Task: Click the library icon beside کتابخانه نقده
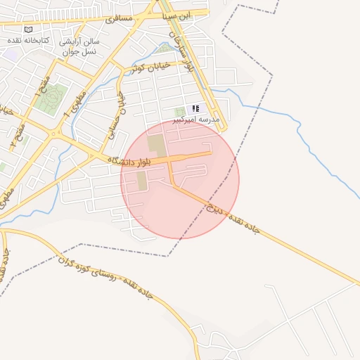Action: click(28, 30)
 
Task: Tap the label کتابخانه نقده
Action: click(28, 41)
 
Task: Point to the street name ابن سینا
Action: click(176, 15)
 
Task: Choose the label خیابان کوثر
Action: click(148, 67)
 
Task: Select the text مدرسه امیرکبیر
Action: click(200, 120)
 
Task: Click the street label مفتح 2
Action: click(17, 134)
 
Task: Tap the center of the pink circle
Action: click(180, 179)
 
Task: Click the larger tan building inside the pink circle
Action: click(157, 146)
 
